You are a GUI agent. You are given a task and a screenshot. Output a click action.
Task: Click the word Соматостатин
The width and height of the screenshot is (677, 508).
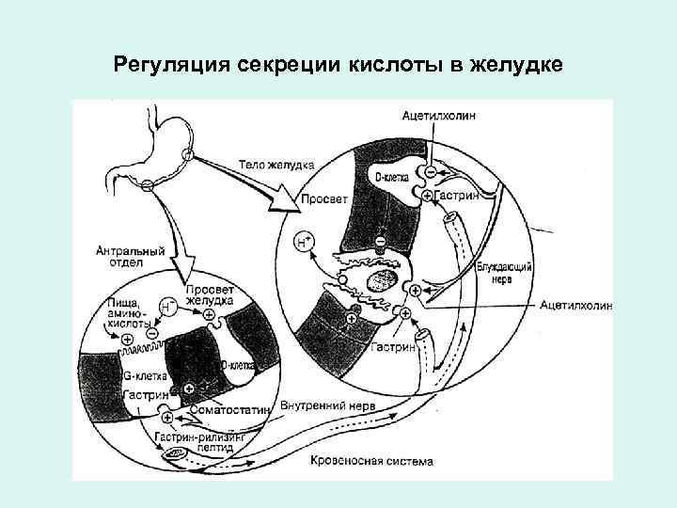[x=230, y=409]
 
